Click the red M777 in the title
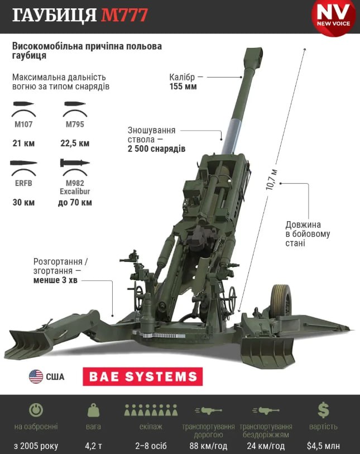tap(124, 15)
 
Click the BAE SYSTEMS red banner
tap(143, 377)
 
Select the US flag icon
tap(36, 377)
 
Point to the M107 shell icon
tap(24, 104)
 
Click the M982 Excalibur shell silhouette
tap(75, 163)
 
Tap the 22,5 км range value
tap(75, 144)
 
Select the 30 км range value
tap(23, 202)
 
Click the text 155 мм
tap(183, 87)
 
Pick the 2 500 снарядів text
tap(157, 149)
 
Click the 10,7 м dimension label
tap(271, 179)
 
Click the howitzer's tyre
tap(281, 300)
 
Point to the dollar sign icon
tap(323, 410)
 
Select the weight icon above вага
tap(93, 410)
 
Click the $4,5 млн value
tap(323, 446)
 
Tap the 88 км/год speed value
tap(208, 446)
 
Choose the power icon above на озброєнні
tap(36, 410)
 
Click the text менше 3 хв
tap(55, 280)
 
